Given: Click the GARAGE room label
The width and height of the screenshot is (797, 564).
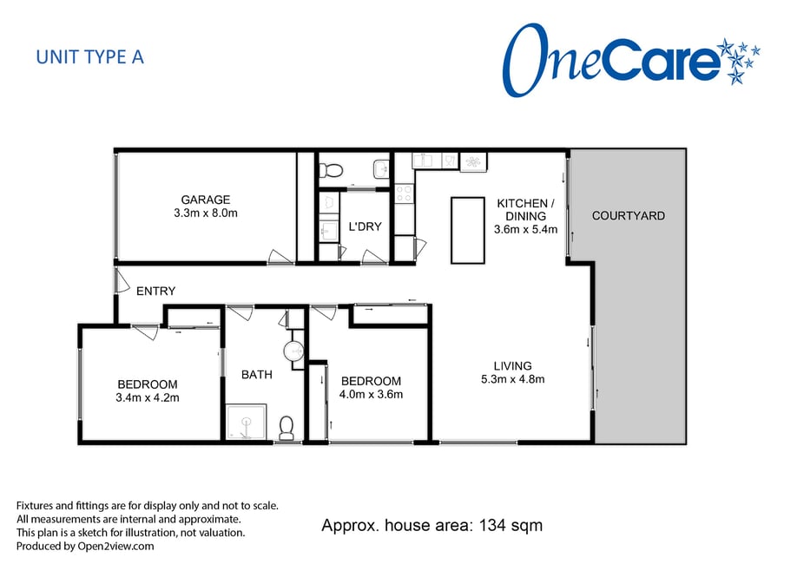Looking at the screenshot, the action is pos(206,200).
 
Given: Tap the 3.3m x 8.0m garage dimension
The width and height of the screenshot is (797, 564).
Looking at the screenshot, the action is pos(206,213).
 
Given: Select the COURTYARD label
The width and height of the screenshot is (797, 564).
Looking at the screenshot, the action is pos(629,216).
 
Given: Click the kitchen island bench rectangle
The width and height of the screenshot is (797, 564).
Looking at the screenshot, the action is pos(468,230).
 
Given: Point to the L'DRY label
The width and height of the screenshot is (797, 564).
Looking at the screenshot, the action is pos(365,226).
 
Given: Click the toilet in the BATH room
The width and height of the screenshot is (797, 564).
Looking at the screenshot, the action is pos(287,428).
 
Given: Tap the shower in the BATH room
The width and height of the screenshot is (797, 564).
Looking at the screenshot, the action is pos(246,422).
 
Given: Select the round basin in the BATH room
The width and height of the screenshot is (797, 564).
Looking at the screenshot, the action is pos(293,350).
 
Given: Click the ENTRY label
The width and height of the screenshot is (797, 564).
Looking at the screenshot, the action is pos(156,292).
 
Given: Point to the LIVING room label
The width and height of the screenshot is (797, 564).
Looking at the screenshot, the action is pos(513,366).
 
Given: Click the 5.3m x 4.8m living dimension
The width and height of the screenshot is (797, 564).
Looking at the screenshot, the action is pos(513,379).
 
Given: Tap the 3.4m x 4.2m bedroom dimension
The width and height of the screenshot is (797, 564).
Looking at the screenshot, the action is pos(148,398).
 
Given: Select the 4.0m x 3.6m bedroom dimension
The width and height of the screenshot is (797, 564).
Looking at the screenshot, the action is pos(371,394).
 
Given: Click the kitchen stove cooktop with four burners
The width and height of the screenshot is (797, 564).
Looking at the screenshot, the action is pos(405,193).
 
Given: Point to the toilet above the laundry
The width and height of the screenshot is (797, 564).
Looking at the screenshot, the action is pos(332,170).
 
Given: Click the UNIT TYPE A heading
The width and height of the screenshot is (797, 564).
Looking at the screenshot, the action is pos(90,57).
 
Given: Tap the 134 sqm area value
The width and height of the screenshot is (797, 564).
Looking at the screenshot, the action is pos(510,525).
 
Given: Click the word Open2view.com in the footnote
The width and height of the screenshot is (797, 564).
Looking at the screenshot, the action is pos(115,547).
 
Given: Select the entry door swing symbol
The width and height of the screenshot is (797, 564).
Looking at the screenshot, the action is pos(122,280).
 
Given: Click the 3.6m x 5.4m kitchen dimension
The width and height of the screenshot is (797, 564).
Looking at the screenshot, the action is pos(525,229).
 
